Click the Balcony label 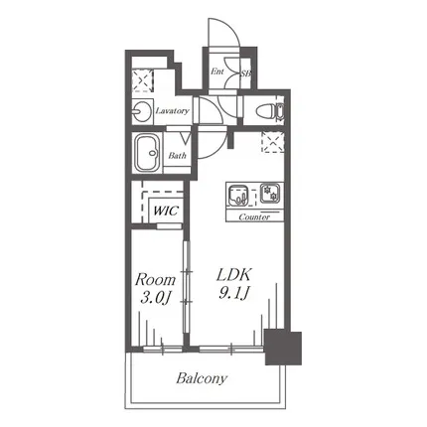click(202, 378)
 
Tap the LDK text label click(234, 275)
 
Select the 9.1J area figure click(234, 293)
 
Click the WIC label click(166, 211)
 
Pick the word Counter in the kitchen click(254, 217)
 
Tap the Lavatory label click(173, 110)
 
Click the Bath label click(178, 155)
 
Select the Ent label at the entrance click(217, 71)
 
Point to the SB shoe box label click(245, 73)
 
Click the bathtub click(148, 153)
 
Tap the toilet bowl click(265, 112)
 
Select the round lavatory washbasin click(141, 111)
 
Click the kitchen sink click(237, 195)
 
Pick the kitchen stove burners click(270, 194)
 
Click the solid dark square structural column click(283, 348)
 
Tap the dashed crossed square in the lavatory click(143, 80)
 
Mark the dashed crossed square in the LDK click(273, 142)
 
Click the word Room click(155, 280)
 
